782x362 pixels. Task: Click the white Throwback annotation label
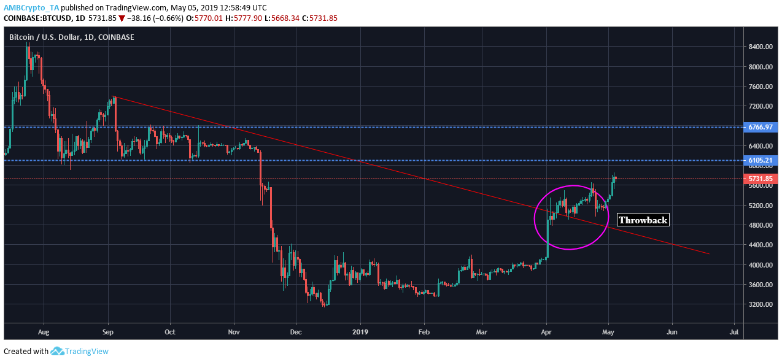click(x=643, y=220)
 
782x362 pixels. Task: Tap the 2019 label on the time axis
click(x=361, y=331)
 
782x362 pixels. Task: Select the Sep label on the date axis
click(x=108, y=331)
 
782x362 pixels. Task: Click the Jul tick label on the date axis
click(x=734, y=331)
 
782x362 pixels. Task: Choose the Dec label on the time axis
click(x=296, y=331)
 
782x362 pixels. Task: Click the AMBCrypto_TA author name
click(x=30, y=8)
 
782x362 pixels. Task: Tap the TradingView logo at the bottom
click(x=79, y=352)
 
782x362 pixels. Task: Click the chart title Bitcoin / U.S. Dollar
click(x=71, y=37)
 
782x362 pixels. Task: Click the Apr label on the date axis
click(x=546, y=331)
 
